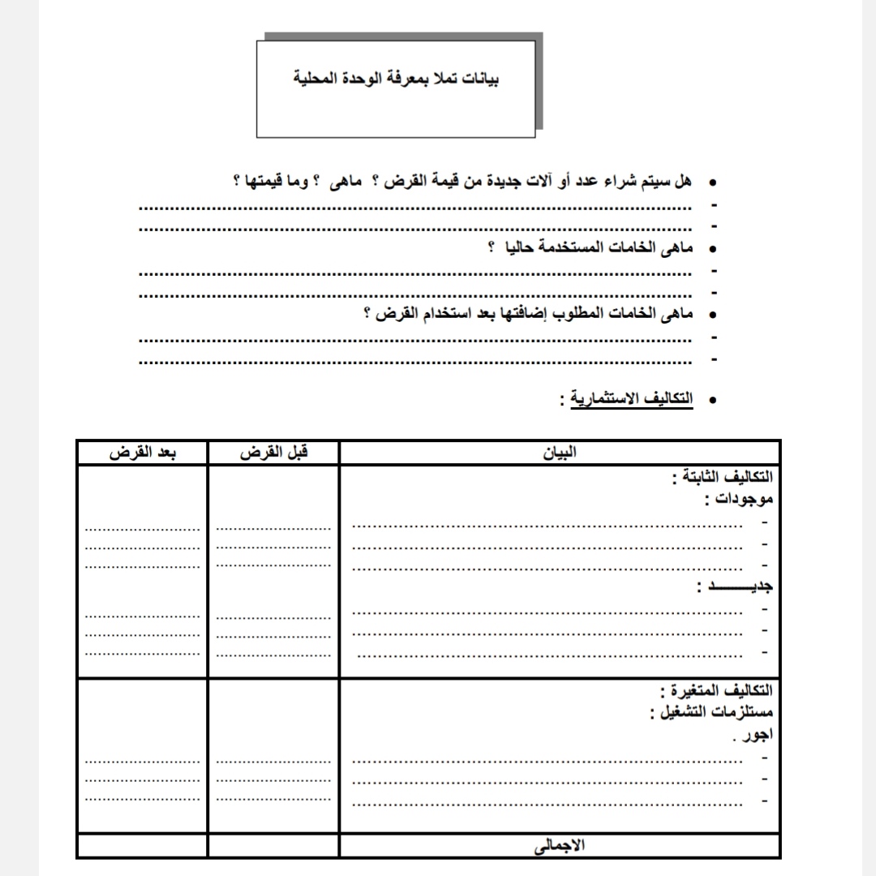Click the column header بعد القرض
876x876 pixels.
tap(143, 453)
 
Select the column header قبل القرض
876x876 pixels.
tap(274, 453)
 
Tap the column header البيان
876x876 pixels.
tap(560, 453)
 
